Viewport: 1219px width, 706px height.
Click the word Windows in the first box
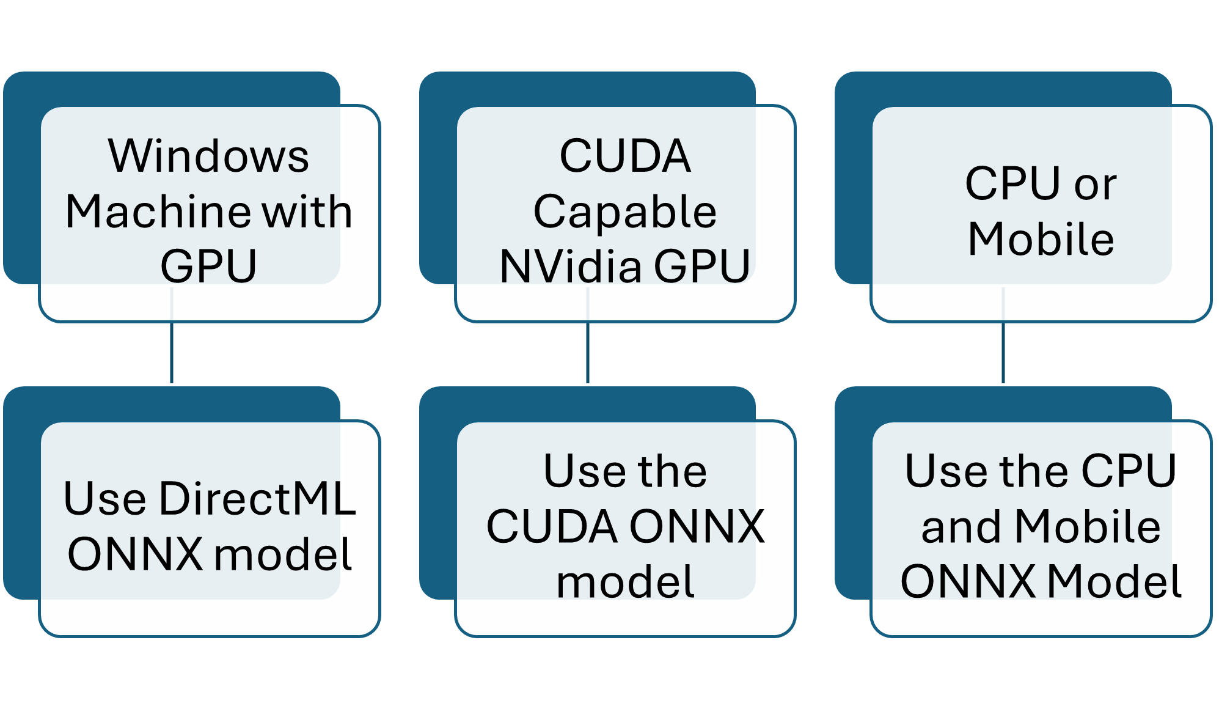coord(209,156)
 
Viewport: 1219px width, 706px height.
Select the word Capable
coord(624,212)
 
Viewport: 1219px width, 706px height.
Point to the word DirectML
coord(257,499)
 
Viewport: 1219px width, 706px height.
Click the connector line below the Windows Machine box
coord(172,352)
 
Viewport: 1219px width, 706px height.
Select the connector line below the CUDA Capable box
coord(587,352)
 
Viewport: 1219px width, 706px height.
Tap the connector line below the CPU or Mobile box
coord(1003,352)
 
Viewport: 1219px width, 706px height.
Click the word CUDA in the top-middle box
coord(624,156)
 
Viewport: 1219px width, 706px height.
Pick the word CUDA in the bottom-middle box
coord(552,527)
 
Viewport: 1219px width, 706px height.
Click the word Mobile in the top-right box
coord(1041,239)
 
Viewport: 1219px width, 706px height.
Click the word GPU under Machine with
coord(209,267)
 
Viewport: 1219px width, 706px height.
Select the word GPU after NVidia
coord(701,267)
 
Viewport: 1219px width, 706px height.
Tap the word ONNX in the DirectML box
coord(135,554)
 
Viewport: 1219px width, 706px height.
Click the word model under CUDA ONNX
coord(624,582)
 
